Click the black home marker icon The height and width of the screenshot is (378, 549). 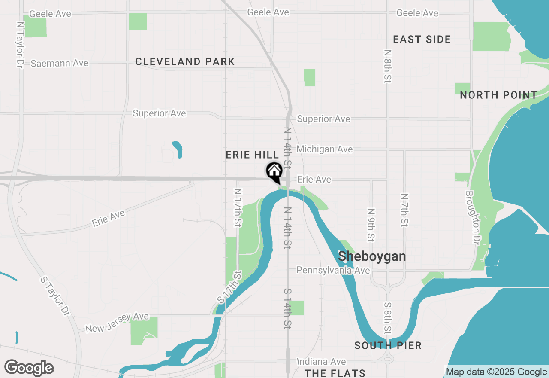pyautogui.click(x=274, y=172)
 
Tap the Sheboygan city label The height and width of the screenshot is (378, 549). pyautogui.click(x=372, y=256)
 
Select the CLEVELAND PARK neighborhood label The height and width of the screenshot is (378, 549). pyautogui.click(x=185, y=62)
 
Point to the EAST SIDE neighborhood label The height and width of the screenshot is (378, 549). pyautogui.click(x=422, y=40)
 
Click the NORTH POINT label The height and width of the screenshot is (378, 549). pyautogui.click(x=498, y=95)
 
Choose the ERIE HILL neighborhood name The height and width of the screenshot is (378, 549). pyautogui.click(x=252, y=155)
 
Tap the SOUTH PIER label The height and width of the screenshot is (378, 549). pyautogui.click(x=388, y=345)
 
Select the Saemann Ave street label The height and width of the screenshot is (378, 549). pyautogui.click(x=60, y=63)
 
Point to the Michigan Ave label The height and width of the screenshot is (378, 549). pyautogui.click(x=324, y=149)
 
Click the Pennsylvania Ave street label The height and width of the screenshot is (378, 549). pyautogui.click(x=333, y=270)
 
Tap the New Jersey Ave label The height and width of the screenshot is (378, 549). pyautogui.click(x=117, y=323)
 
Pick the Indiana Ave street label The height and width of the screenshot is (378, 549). pyautogui.click(x=321, y=362)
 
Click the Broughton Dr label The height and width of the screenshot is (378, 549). pyautogui.click(x=472, y=217)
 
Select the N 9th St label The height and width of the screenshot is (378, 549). pyautogui.click(x=371, y=225)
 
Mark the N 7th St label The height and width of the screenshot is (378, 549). pyautogui.click(x=404, y=210)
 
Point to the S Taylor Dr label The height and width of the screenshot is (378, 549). pyautogui.click(x=55, y=295)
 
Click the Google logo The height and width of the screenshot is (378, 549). pyautogui.click(x=29, y=368)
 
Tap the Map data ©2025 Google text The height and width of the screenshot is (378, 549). pyautogui.click(x=496, y=372)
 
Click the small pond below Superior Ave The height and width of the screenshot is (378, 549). pyautogui.click(x=178, y=149)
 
